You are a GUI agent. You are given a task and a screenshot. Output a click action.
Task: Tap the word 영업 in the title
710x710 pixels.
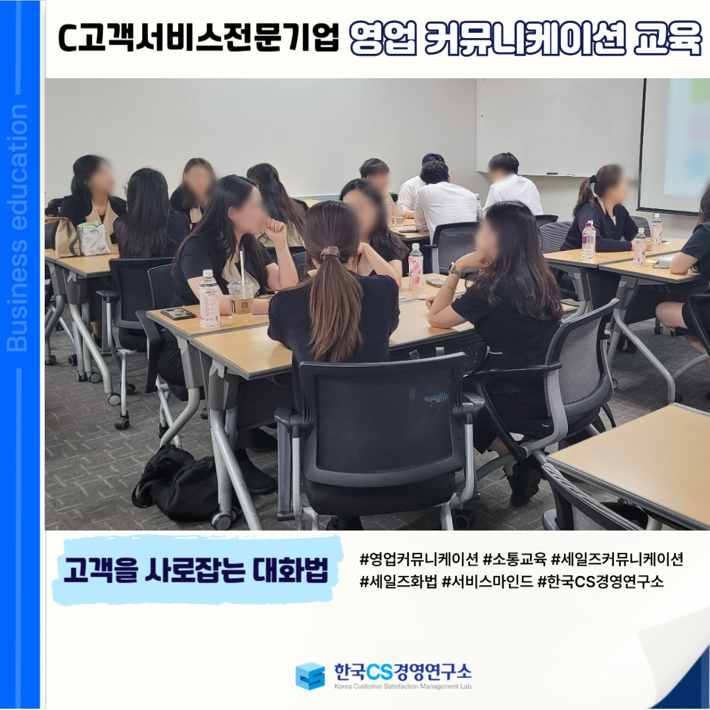point(383,38)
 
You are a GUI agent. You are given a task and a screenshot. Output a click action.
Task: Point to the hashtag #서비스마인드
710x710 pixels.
point(487,581)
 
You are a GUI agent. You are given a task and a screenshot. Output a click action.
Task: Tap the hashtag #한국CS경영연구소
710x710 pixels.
point(600,581)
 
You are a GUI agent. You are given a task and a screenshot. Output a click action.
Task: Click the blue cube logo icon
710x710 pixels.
point(310,676)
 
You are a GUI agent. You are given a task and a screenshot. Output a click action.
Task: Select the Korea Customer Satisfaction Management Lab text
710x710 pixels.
point(402,686)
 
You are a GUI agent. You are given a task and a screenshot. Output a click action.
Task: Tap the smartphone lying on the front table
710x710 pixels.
point(178,314)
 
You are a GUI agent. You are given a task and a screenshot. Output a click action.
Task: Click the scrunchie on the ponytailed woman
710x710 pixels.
point(330,252)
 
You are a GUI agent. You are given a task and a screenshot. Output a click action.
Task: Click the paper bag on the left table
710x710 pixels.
point(66,237)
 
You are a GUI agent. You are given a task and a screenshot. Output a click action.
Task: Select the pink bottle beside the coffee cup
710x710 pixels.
point(209,299)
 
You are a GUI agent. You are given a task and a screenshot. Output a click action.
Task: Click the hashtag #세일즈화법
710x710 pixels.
point(398,581)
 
